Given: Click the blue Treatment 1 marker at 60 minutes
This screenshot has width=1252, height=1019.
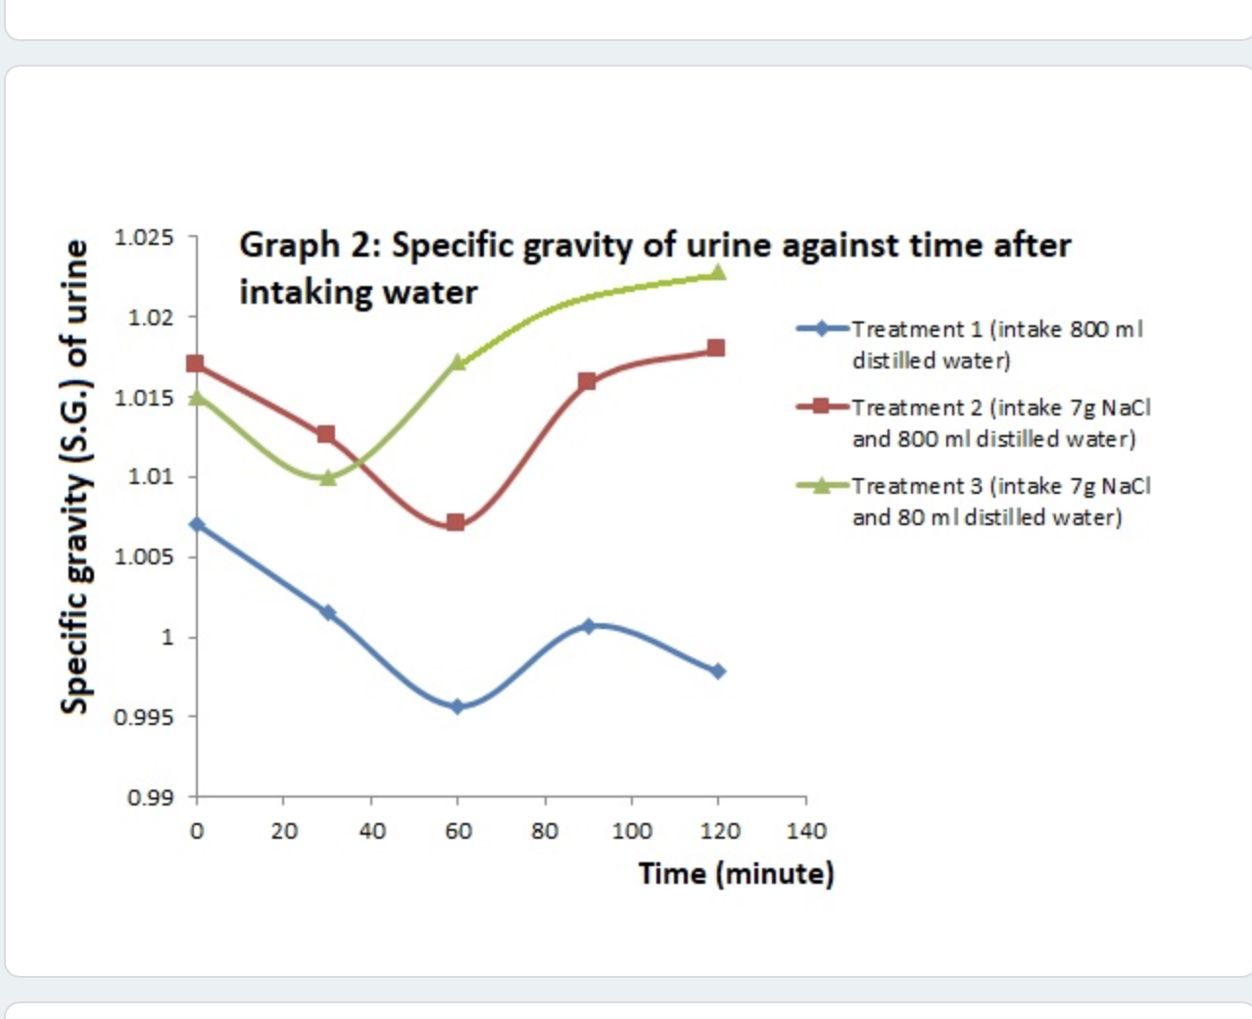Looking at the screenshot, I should click(x=457, y=706).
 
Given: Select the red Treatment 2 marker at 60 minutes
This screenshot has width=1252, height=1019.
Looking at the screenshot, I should click(x=456, y=522).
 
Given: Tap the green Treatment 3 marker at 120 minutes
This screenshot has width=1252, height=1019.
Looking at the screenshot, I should click(x=717, y=271).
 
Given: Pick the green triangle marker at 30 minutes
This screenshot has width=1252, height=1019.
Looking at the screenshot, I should click(x=327, y=477).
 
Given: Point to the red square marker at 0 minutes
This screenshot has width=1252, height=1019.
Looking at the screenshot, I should click(x=196, y=364).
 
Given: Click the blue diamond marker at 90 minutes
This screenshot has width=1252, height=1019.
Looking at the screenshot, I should click(x=589, y=625).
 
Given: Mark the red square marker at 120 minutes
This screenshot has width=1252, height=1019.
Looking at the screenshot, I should click(x=716, y=348).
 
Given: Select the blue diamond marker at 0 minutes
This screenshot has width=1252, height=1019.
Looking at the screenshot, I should click(x=197, y=524).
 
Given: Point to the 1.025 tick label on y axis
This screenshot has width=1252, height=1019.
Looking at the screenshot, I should click(x=144, y=237).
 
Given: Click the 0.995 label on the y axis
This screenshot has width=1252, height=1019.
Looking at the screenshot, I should click(x=144, y=717).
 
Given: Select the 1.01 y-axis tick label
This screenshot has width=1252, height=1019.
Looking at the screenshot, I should click(x=150, y=477).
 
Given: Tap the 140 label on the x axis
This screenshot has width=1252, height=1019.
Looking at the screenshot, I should click(x=806, y=831).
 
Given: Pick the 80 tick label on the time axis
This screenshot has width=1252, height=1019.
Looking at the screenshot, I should click(x=545, y=831).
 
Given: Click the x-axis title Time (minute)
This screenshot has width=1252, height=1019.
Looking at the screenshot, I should click(x=736, y=873).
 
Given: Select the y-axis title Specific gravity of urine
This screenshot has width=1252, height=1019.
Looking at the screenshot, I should click(x=75, y=477).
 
